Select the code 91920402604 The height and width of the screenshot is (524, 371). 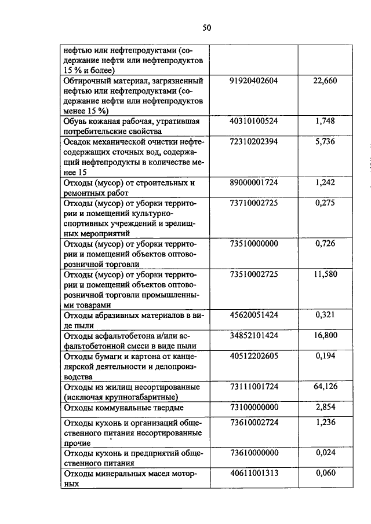pyautogui.click(x=254, y=81)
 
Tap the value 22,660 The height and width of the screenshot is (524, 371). pyautogui.click(x=325, y=81)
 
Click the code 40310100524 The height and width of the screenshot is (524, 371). pyautogui.click(x=254, y=121)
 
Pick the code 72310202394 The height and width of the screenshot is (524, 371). pyautogui.click(x=254, y=142)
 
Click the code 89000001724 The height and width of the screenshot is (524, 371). pyautogui.click(x=254, y=182)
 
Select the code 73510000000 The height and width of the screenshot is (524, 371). pyautogui.click(x=254, y=244)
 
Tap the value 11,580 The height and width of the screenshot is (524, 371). pyautogui.click(x=325, y=274)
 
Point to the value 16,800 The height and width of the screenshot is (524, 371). pyautogui.click(x=325, y=335)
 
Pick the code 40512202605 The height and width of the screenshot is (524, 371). pyautogui.click(x=254, y=356)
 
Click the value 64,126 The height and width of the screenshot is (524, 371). pyautogui.click(x=325, y=386)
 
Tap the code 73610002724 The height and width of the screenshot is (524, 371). pyautogui.click(x=254, y=423)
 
